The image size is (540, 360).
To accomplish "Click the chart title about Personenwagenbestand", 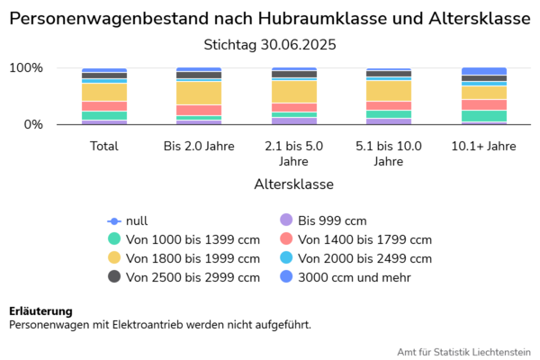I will coord(270,18).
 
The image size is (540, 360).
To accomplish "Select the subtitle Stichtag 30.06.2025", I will coord(270,44).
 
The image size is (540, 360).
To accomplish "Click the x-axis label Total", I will coord(104,146).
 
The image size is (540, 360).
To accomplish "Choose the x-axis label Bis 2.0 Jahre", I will coord(199,146).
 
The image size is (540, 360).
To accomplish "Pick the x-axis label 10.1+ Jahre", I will coord(483,146).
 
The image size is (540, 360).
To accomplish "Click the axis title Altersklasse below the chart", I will coord(294,184).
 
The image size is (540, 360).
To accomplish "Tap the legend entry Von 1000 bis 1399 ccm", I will coord(193,239).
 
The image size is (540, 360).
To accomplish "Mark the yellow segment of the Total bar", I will coord(104,92).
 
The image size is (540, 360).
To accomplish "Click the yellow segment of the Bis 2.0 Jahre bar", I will coord(199,93).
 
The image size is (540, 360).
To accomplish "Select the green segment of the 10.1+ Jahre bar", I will coord(483,116).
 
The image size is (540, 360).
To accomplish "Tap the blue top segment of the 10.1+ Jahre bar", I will coord(483,71).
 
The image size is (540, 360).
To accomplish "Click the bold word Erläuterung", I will coord(40,311).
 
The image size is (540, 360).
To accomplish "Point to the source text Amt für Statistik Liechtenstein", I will coord(463,351).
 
